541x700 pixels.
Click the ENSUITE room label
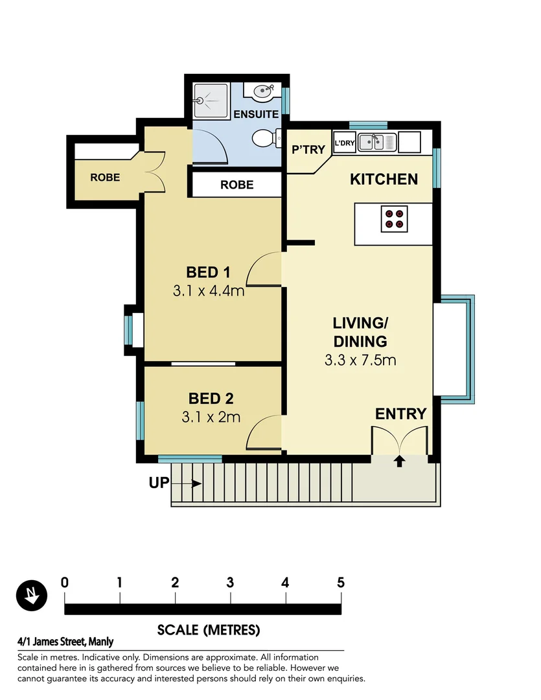(x=256, y=114)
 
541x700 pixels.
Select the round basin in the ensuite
(x=263, y=92)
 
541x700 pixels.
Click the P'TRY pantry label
(x=308, y=150)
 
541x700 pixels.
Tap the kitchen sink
(x=376, y=141)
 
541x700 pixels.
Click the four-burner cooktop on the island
(x=394, y=219)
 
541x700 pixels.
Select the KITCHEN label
(x=384, y=180)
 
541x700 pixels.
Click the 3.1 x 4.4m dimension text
(x=208, y=291)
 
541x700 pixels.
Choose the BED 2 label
(x=211, y=398)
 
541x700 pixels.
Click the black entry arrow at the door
(x=400, y=461)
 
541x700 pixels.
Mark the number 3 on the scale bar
(x=230, y=581)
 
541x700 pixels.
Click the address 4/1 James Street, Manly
(x=65, y=642)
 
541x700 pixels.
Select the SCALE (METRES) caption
(x=208, y=629)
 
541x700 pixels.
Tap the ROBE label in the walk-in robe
(x=105, y=177)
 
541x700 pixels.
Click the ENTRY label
(x=400, y=414)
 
